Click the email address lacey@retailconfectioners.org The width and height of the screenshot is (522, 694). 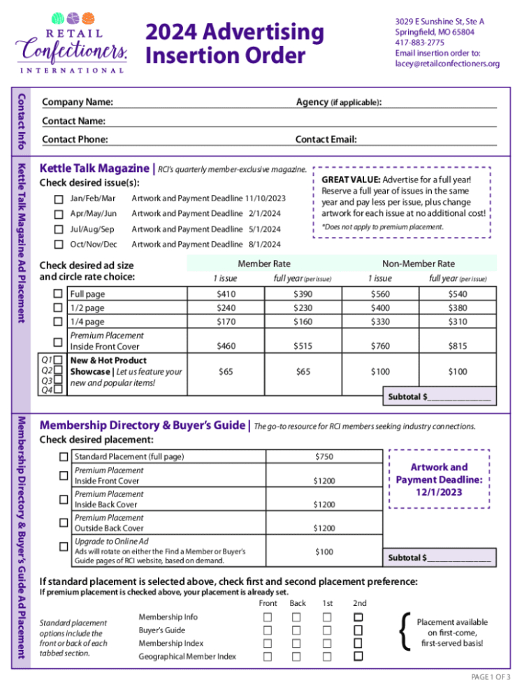coord(447,64)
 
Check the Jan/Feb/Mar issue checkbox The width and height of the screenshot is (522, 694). coord(59,198)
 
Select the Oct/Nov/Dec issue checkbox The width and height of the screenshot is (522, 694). coord(59,245)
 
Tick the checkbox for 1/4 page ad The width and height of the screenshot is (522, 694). coord(59,322)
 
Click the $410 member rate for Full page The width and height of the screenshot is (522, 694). coord(226,294)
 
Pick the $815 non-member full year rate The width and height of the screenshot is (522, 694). coord(458,346)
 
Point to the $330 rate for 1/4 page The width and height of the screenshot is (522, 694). coord(380,322)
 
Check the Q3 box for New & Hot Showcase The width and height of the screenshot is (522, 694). coord(59,380)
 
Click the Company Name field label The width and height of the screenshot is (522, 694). coord(78,103)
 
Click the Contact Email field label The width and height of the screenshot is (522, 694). coord(326,140)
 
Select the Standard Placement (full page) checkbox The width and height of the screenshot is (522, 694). coord(64,457)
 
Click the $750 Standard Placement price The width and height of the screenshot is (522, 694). coord(324,457)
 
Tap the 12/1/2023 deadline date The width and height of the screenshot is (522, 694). coord(439,492)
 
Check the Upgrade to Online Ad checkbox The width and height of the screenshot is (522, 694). coord(64,546)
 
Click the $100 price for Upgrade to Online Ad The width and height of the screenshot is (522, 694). coord(324,552)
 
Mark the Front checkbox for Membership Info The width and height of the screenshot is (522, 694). coord(268,617)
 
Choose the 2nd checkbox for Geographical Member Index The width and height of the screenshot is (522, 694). coord(358,656)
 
